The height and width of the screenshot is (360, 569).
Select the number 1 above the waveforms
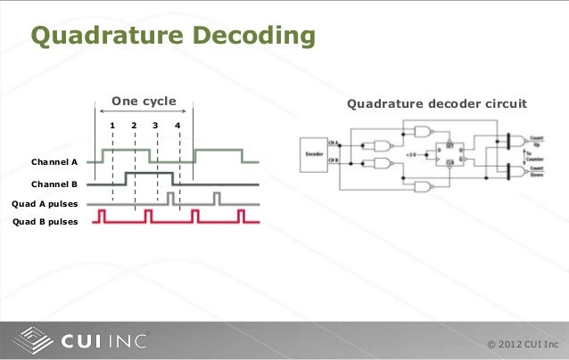[x=112, y=125]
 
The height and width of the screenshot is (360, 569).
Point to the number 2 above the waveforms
[x=134, y=125]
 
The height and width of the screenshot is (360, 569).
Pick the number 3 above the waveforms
[x=156, y=125]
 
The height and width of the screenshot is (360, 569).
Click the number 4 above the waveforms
[x=178, y=125]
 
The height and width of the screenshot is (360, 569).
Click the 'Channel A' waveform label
[x=54, y=164]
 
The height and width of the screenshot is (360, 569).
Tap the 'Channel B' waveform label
[x=54, y=184]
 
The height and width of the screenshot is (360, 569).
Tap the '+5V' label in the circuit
[x=412, y=154]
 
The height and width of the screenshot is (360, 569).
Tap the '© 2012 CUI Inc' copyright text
[x=524, y=345]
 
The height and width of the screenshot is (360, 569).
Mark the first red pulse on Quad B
[x=103, y=216]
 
